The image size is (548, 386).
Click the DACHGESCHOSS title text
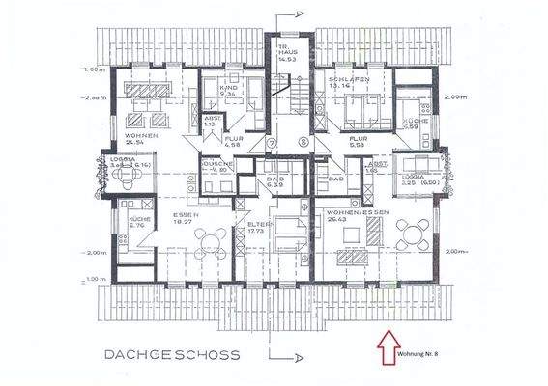tap(171, 354)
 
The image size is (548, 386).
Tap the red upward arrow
tap(389, 340)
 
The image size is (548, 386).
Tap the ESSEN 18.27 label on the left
tap(183, 217)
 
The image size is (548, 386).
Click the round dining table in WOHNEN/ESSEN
tap(417, 232)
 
